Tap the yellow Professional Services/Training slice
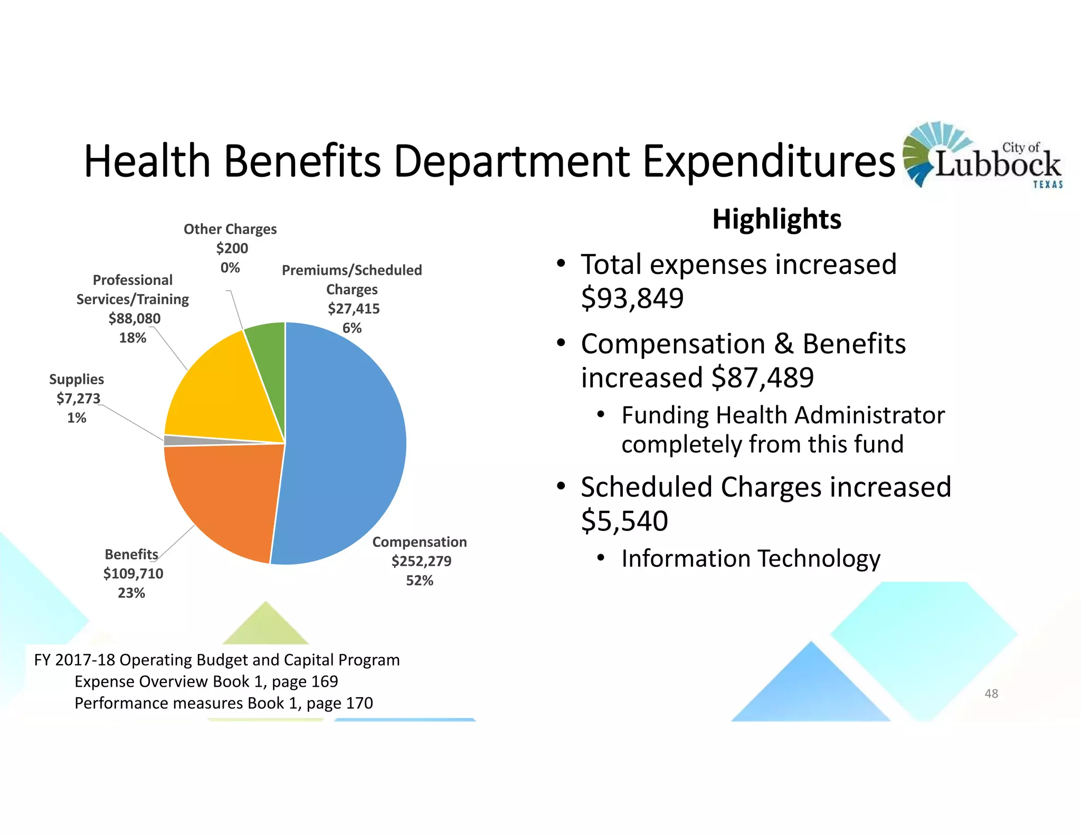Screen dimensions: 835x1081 (222, 391)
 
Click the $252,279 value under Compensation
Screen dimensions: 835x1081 (421, 561)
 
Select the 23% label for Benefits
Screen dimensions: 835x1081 (131, 593)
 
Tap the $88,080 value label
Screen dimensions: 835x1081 (134, 318)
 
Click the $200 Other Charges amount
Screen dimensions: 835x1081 (232, 248)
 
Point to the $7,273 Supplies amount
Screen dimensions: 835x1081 (78, 398)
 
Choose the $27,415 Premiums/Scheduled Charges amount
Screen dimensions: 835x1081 (353, 309)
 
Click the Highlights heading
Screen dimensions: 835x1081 (776, 219)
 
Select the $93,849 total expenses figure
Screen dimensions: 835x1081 (632, 298)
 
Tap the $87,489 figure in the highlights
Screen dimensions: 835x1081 (762, 378)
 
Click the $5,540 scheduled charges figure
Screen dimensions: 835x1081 (624, 521)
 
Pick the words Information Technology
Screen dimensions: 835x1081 (751, 558)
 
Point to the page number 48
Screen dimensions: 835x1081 (991, 694)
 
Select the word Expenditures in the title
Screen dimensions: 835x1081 (769, 161)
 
